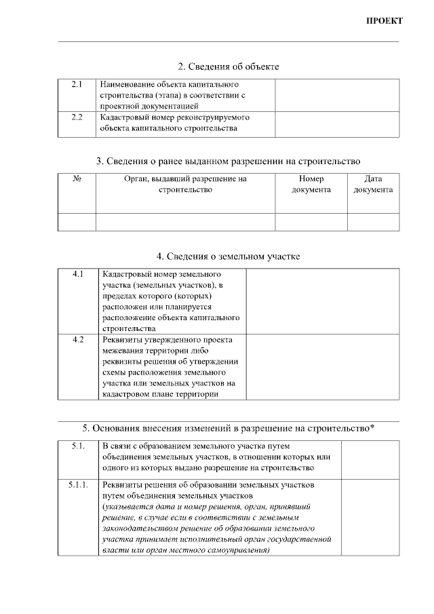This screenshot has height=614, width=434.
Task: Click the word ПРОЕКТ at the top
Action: [384, 20]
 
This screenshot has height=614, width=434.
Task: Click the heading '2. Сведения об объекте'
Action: [228, 66]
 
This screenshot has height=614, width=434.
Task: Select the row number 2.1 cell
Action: [77, 85]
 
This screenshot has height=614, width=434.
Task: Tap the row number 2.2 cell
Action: [77, 117]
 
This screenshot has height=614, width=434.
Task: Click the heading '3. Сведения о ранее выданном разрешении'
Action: [228, 161]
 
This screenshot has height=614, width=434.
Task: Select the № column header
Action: [77, 179]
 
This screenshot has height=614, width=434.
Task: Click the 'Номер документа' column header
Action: [311, 184]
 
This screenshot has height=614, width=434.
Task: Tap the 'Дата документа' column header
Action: [373, 184]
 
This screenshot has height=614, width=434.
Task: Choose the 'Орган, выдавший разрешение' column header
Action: [185, 184]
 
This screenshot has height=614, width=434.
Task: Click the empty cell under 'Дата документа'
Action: [373, 222]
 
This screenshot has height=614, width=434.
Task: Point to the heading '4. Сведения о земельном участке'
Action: [228, 256]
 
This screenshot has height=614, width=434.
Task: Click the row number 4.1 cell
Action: [77, 275]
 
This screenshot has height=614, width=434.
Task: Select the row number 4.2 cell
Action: [77, 339]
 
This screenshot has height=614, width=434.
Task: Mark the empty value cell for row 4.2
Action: [322, 366]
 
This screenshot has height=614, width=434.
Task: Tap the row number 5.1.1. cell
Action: [77, 486]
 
